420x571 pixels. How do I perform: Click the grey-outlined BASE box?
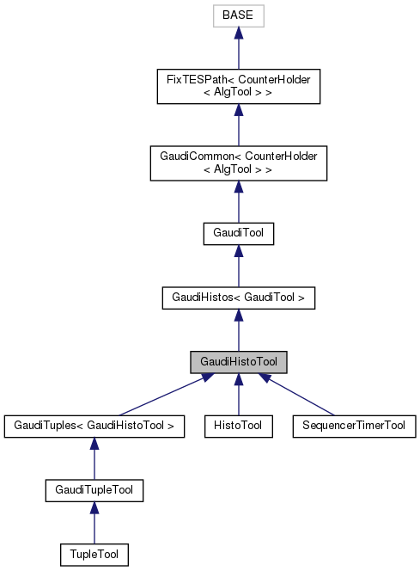click(238, 15)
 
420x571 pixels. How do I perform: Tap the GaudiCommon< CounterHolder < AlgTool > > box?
click(238, 162)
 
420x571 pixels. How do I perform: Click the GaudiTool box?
click(238, 233)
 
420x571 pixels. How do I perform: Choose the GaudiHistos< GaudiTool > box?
click(238, 298)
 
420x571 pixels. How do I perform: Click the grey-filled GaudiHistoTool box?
click(238, 362)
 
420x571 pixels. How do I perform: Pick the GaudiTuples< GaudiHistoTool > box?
click(94, 425)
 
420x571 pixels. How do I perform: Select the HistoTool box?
click(238, 425)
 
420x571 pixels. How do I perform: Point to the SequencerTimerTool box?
click(354, 425)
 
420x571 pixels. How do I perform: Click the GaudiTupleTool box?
click(94, 490)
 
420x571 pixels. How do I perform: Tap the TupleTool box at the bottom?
click(94, 555)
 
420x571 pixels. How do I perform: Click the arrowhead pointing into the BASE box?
click(238, 33)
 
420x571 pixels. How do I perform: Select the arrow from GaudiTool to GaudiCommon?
click(238, 202)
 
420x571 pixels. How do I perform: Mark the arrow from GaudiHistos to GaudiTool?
click(238, 267)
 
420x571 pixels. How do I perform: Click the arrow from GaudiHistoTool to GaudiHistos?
click(238, 331)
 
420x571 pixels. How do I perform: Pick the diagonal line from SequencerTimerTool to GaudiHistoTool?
click(301, 396)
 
